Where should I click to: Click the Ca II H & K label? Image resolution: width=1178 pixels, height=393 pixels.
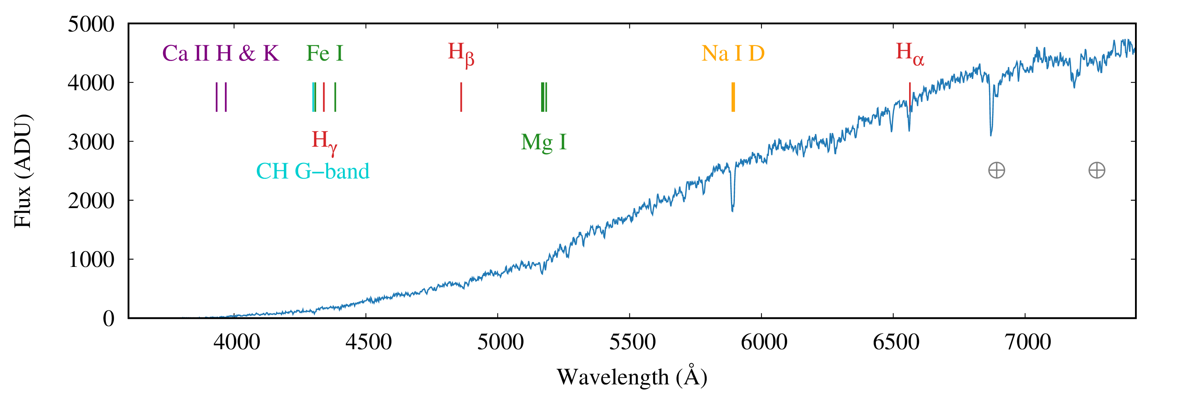[220, 54]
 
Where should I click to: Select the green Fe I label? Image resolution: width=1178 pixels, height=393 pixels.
[324, 54]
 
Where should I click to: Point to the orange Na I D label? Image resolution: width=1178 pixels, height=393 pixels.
[733, 54]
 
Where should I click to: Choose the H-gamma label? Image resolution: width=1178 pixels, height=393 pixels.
[324, 141]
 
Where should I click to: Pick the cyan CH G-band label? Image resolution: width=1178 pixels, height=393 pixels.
[312, 171]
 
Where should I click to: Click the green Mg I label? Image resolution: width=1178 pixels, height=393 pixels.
[543, 142]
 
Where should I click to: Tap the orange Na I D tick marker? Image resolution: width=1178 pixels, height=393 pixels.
[733, 97]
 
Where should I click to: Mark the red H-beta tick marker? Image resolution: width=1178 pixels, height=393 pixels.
[461, 97]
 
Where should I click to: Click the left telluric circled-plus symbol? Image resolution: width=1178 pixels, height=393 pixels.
[997, 170]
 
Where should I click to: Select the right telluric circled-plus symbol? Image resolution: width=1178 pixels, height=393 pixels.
[1096, 170]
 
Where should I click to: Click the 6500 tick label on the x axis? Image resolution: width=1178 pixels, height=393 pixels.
[896, 342]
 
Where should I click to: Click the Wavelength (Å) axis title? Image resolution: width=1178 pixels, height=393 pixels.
[632, 377]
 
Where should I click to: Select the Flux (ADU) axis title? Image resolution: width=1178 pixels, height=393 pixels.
[22, 171]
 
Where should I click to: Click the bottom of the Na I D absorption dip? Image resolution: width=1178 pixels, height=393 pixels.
[733, 210]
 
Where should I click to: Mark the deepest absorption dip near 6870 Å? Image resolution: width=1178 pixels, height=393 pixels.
[991, 134]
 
